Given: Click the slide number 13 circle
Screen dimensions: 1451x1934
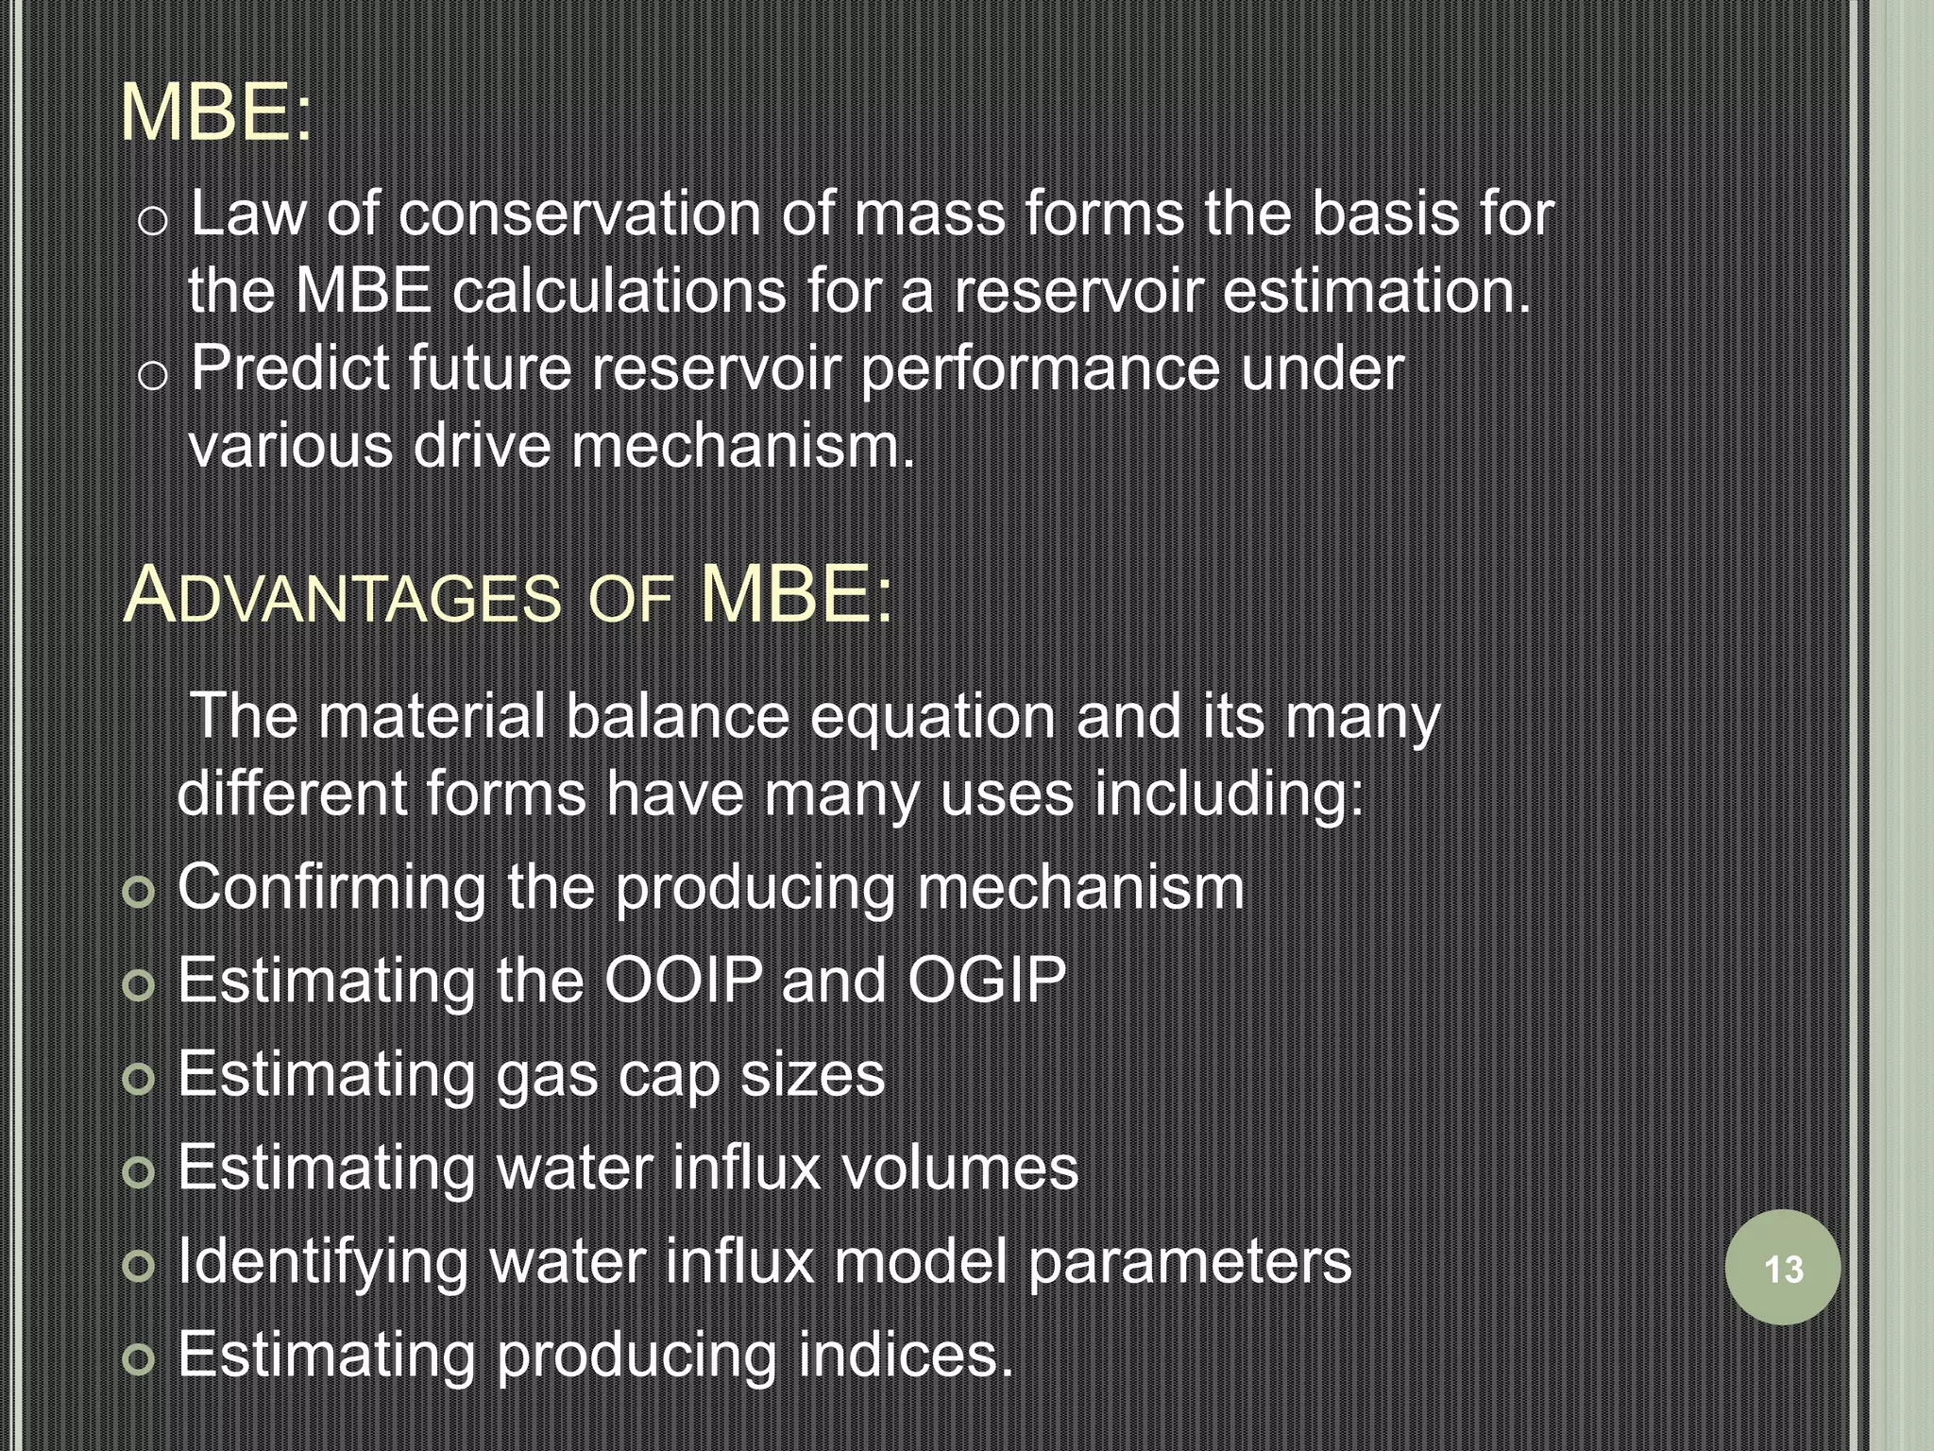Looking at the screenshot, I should point(1782,1268).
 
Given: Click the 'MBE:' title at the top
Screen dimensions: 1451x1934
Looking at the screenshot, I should point(216,113).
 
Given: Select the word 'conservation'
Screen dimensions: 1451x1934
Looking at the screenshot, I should point(580,213).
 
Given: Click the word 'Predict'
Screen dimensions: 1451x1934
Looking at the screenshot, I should point(290,367).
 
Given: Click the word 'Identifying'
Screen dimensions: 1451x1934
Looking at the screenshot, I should point(323,1262).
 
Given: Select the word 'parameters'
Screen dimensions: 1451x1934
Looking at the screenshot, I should point(1190,1262).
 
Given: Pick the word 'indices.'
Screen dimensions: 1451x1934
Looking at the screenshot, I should point(905,1354).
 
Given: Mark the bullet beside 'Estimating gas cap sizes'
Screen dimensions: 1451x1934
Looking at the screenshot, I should point(139,1079).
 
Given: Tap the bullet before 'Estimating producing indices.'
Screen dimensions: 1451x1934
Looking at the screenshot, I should point(139,1359).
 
